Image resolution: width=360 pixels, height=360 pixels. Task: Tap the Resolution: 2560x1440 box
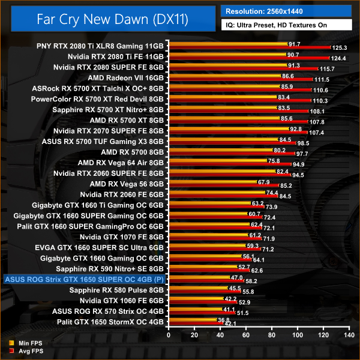pos(289,11)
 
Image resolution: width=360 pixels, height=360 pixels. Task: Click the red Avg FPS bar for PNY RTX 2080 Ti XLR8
pos(250,47)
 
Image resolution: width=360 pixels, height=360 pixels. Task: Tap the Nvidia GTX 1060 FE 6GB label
pos(121,301)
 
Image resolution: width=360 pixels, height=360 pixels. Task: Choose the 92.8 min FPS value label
pos(295,128)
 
